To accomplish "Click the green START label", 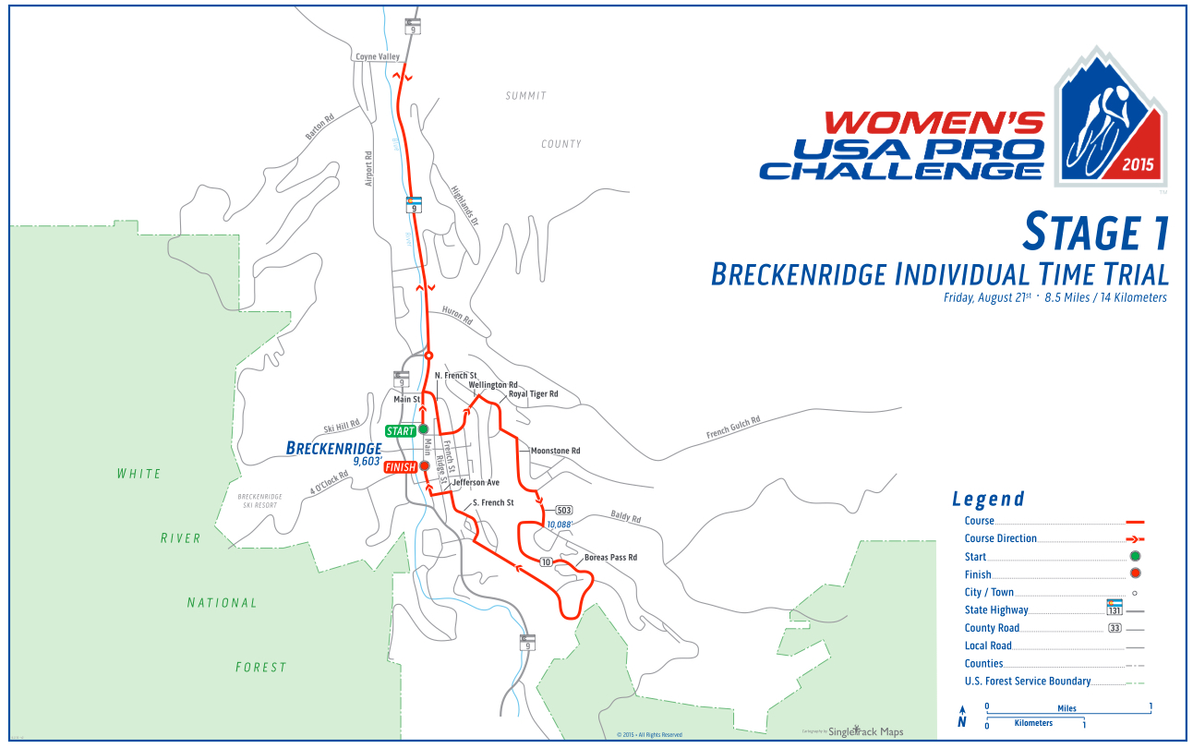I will tap(401, 431).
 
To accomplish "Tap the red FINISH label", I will tap(401, 467).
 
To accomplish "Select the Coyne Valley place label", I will tap(378, 57).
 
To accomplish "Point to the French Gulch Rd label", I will tap(733, 427).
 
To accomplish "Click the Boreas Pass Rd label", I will tap(610, 558).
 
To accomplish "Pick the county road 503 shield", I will tap(564, 510).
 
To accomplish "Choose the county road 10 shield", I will tap(546, 561).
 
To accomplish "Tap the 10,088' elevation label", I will tap(560, 525).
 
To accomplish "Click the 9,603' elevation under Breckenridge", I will tap(368, 462).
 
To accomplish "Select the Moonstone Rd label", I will tap(555, 451).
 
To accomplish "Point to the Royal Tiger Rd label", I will tap(534, 393).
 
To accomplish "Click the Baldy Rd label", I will tap(625, 518).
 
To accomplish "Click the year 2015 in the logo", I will tap(1139, 166).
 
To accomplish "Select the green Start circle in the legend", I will tap(1135, 556).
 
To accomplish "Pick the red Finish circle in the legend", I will tap(1135, 573).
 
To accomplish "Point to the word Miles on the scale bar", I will tap(1067, 707).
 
